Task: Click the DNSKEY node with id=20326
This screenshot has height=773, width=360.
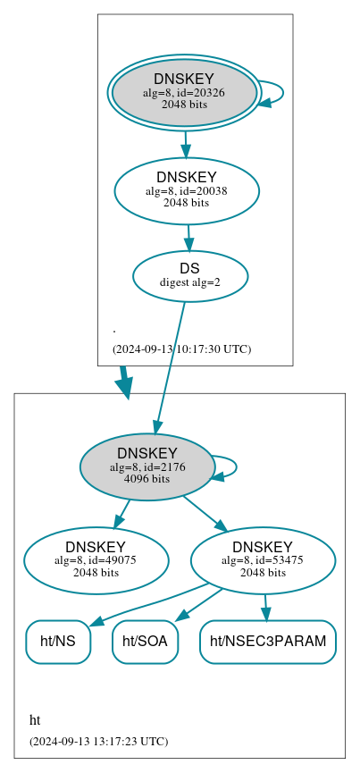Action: click(183, 92)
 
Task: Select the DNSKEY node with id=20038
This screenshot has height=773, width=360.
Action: click(186, 190)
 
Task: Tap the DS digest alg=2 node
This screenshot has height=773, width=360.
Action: click(189, 275)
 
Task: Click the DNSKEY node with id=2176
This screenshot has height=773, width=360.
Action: click(147, 466)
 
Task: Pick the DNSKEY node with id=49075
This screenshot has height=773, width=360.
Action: click(96, 560)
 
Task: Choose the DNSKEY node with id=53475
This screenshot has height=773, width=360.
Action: click(263, 560)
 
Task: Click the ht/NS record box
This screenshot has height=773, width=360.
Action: click(58, 642)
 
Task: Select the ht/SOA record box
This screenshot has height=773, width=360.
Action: click(145, 642)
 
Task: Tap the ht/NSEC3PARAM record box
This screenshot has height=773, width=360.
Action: click(267, 642)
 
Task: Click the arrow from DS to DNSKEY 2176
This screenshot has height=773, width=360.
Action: click(170, 366)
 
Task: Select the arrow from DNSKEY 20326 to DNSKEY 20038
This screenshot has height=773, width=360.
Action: click(185, 144)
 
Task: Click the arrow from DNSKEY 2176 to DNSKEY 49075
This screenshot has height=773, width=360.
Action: click(122, 514)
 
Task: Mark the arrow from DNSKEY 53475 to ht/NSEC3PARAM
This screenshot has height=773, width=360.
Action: click(265, 607)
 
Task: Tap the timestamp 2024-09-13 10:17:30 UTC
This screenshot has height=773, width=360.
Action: click(181, 349)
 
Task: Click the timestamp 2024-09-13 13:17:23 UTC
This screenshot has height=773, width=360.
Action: click(98, 741)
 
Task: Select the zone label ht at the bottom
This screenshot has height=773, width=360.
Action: click(35, 720)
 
